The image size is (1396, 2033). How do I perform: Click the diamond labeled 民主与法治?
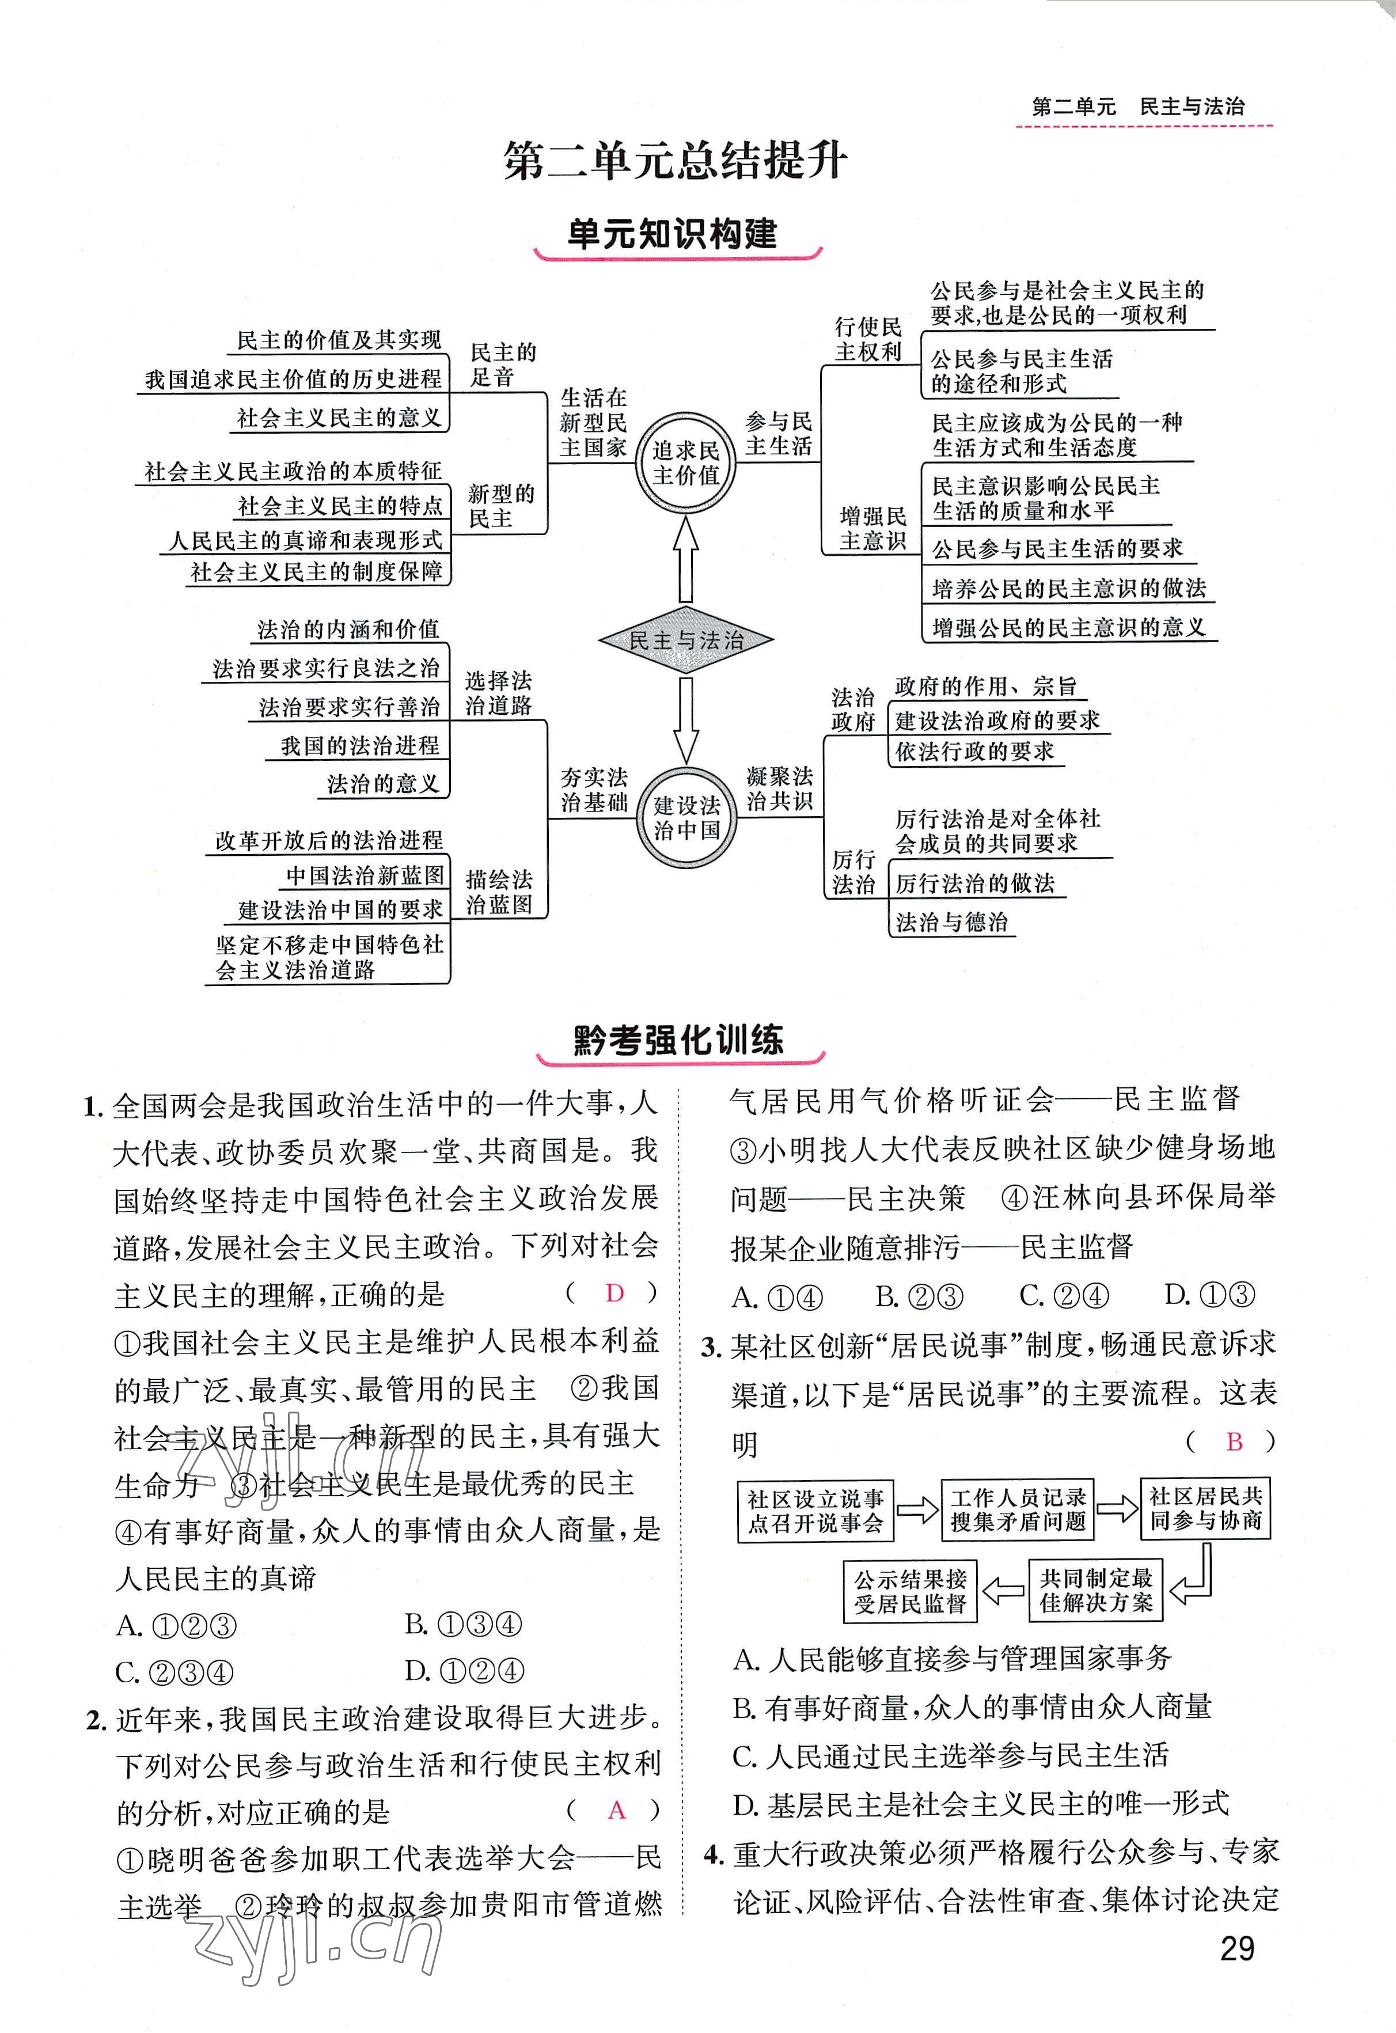point(686,639)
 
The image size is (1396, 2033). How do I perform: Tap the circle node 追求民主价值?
point(686,463)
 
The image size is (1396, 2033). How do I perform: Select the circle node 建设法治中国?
point(686,817)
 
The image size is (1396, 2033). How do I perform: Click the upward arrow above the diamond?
point(686,558)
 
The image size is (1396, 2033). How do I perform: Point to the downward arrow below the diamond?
point(686,720)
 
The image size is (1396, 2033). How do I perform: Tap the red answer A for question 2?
point(617,1810)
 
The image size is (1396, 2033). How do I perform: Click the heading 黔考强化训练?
point(679,1040)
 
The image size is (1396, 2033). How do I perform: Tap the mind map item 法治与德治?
point(951,922)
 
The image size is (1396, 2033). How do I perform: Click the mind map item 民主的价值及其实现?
point(339,340)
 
